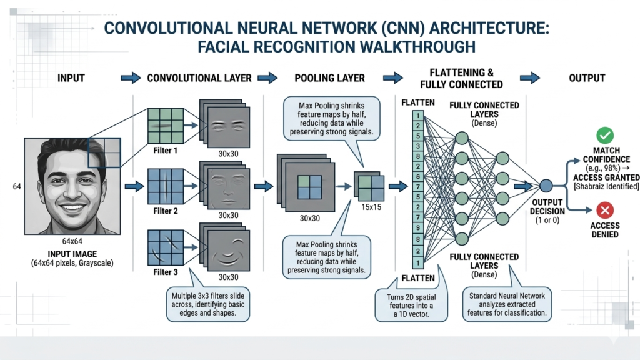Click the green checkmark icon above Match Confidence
(605, 134)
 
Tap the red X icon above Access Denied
(605, 210)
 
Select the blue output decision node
(546, 185)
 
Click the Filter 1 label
(166, 151)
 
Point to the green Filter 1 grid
(166, 127)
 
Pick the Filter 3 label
(166, 272)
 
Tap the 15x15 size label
(371, 207)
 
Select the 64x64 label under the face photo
(72, 242)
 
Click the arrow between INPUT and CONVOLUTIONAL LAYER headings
(131, 78)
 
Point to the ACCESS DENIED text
(604, 230)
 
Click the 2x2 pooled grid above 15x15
(370, 186)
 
